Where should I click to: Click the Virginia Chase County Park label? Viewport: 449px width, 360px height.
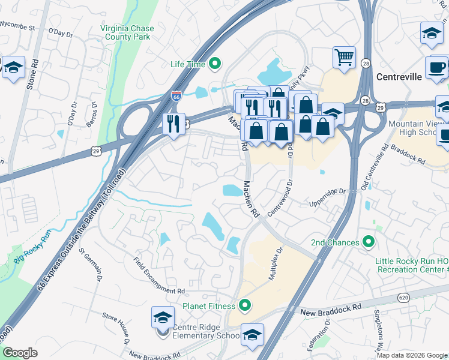pyautogui.click(x=127, y=33)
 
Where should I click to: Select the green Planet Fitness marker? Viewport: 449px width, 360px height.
pyautogui.click(x=244, y=306)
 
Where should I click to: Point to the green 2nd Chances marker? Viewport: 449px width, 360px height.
pyautogui.click(x=369, y=242)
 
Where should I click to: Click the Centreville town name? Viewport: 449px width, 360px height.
pyautogui.click(x=399, y=77)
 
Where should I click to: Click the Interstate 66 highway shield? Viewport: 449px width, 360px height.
pyautogui.click(x=176, y=95)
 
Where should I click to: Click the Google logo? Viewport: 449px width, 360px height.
pyautogui.click(x=20, y=353)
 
